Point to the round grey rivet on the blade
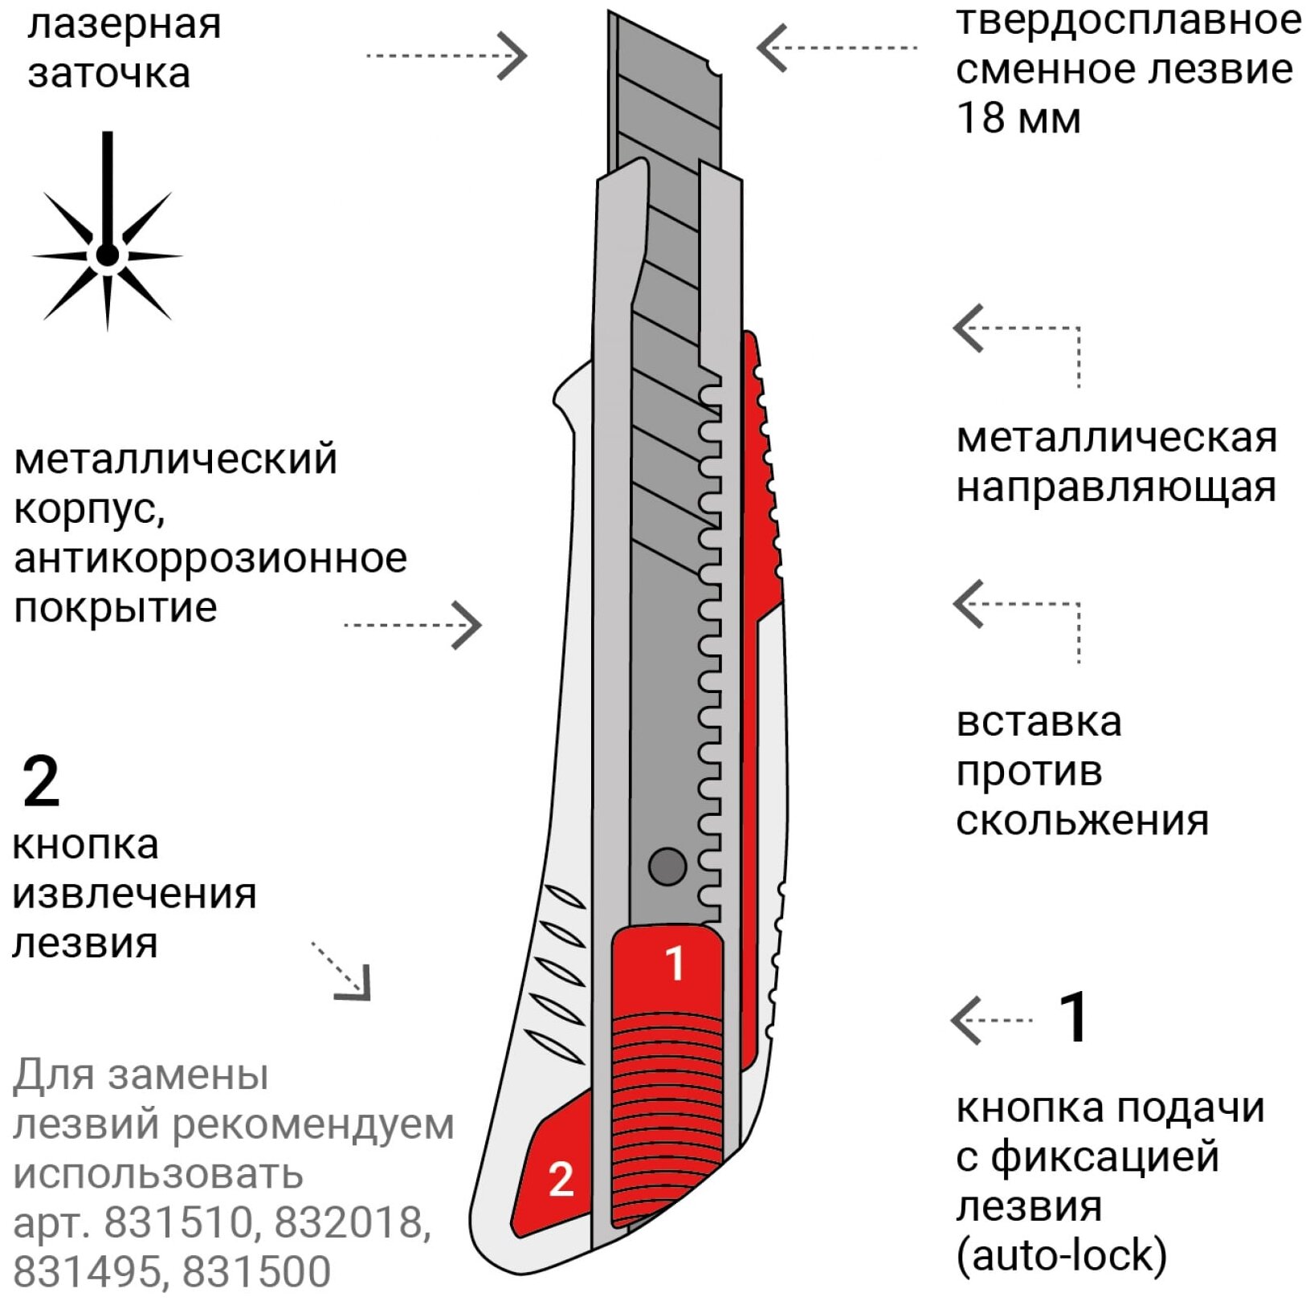(667, 867)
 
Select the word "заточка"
(109, 73)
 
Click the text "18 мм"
(1018, 118)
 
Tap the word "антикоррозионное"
(210, 558)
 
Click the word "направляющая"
(1116, 487)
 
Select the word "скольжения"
(1082, 820)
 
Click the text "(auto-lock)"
(1061, 1255)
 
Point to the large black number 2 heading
(41, 781)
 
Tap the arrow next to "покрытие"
(413, 625)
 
